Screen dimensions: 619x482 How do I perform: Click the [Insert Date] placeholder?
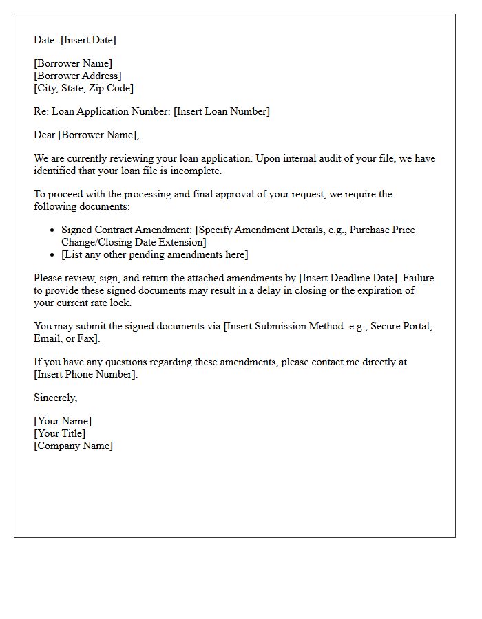pyautogui.click(x=88, y=40)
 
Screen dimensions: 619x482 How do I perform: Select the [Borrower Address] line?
pyautogui.click(x=77, y=76)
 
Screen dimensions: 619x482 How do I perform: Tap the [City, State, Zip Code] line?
pyautogui.click(x=83, y=88)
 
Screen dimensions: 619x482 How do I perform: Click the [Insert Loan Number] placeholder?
pyautogui.click(x=222, y=111)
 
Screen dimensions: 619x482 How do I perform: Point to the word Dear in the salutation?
pyautogui.click(x=45, y=135)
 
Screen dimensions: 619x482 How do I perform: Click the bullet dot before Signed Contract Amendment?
pyautogui.click(x=53, y=230)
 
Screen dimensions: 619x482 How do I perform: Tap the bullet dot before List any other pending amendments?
pyautogui.click(x=53, y=255)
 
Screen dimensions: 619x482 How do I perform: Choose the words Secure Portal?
pyautogui.click(x=399, y=326)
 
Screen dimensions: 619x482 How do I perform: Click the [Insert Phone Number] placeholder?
pyautogui.click(x=85, y=374)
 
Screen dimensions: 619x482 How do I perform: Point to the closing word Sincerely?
pyautogui.click(x=55, y=398)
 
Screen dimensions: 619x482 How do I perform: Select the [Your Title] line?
pyautogui.click(x=60, y=433)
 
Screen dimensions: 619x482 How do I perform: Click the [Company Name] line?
pyautogui.click(x=73, y=446)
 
